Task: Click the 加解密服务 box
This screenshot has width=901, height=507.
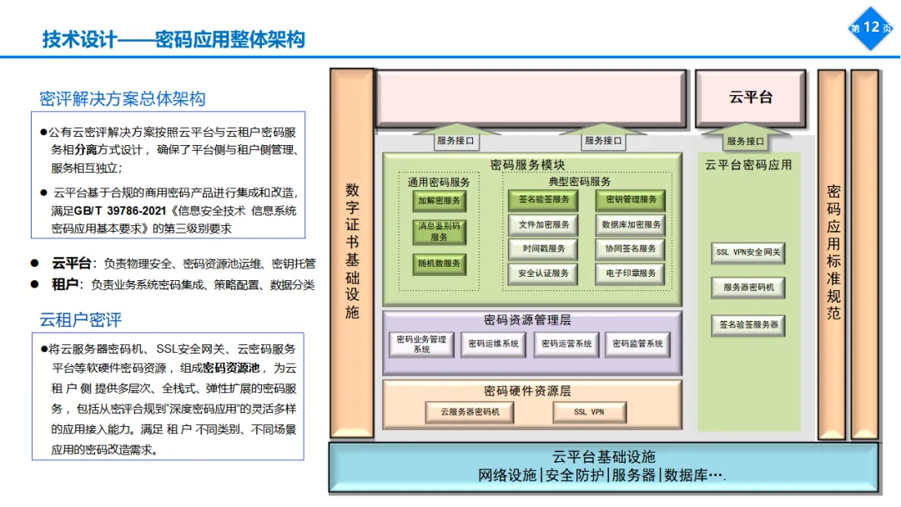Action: click(439, 201)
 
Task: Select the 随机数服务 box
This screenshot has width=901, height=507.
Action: click(439, 264)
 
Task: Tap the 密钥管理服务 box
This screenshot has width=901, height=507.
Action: click(631, 200)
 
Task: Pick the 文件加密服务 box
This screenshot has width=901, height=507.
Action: click(543, 225)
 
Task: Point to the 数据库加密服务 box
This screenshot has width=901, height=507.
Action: click(631, 225)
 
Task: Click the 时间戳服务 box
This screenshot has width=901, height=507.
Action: click(543, 248)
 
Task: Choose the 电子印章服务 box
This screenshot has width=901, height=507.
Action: click(631, 273)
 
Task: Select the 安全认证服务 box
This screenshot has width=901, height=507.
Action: click(543, 273)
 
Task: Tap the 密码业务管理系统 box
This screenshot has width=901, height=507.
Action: click(421, 344)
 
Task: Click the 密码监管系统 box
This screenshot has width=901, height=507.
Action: click(638, 344)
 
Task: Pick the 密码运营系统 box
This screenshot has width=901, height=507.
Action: click(566, 344)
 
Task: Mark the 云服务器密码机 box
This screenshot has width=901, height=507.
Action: click(470, 412)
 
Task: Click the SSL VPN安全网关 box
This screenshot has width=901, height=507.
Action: click(748, 252)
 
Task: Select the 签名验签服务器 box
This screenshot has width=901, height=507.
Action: click(748, 324)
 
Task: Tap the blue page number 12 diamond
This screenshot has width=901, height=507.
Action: click(870, 28)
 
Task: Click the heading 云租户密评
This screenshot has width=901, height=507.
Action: click(80, 320)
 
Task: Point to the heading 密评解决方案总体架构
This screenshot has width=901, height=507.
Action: click(122, 99)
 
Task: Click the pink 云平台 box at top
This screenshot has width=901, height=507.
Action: click(751, 98)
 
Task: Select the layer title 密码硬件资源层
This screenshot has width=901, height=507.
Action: click(531, 391)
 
